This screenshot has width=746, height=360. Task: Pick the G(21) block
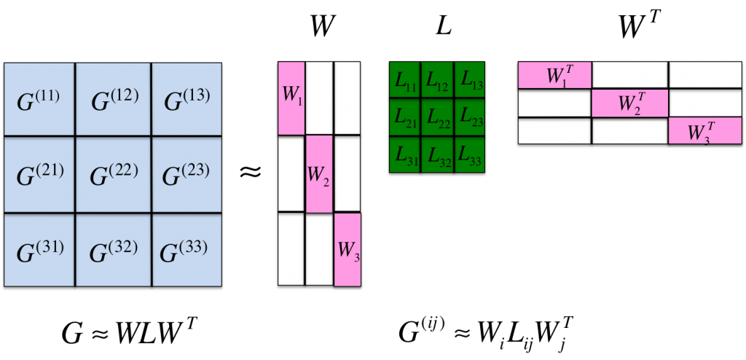[x=39, y=176]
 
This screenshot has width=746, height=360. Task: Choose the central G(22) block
[x=114, y=176]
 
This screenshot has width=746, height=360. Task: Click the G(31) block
[x=39, y=249]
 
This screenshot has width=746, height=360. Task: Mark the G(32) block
[x=114, y=249]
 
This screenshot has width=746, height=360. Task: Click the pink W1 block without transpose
[x=291, y=98]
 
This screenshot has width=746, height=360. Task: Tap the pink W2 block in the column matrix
[x=319, y=173]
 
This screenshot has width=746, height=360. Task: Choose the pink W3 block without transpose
[x=347, y=249]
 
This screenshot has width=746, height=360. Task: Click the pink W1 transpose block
[x=554, y=74]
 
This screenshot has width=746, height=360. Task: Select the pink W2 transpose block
[x=630, y=103]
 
